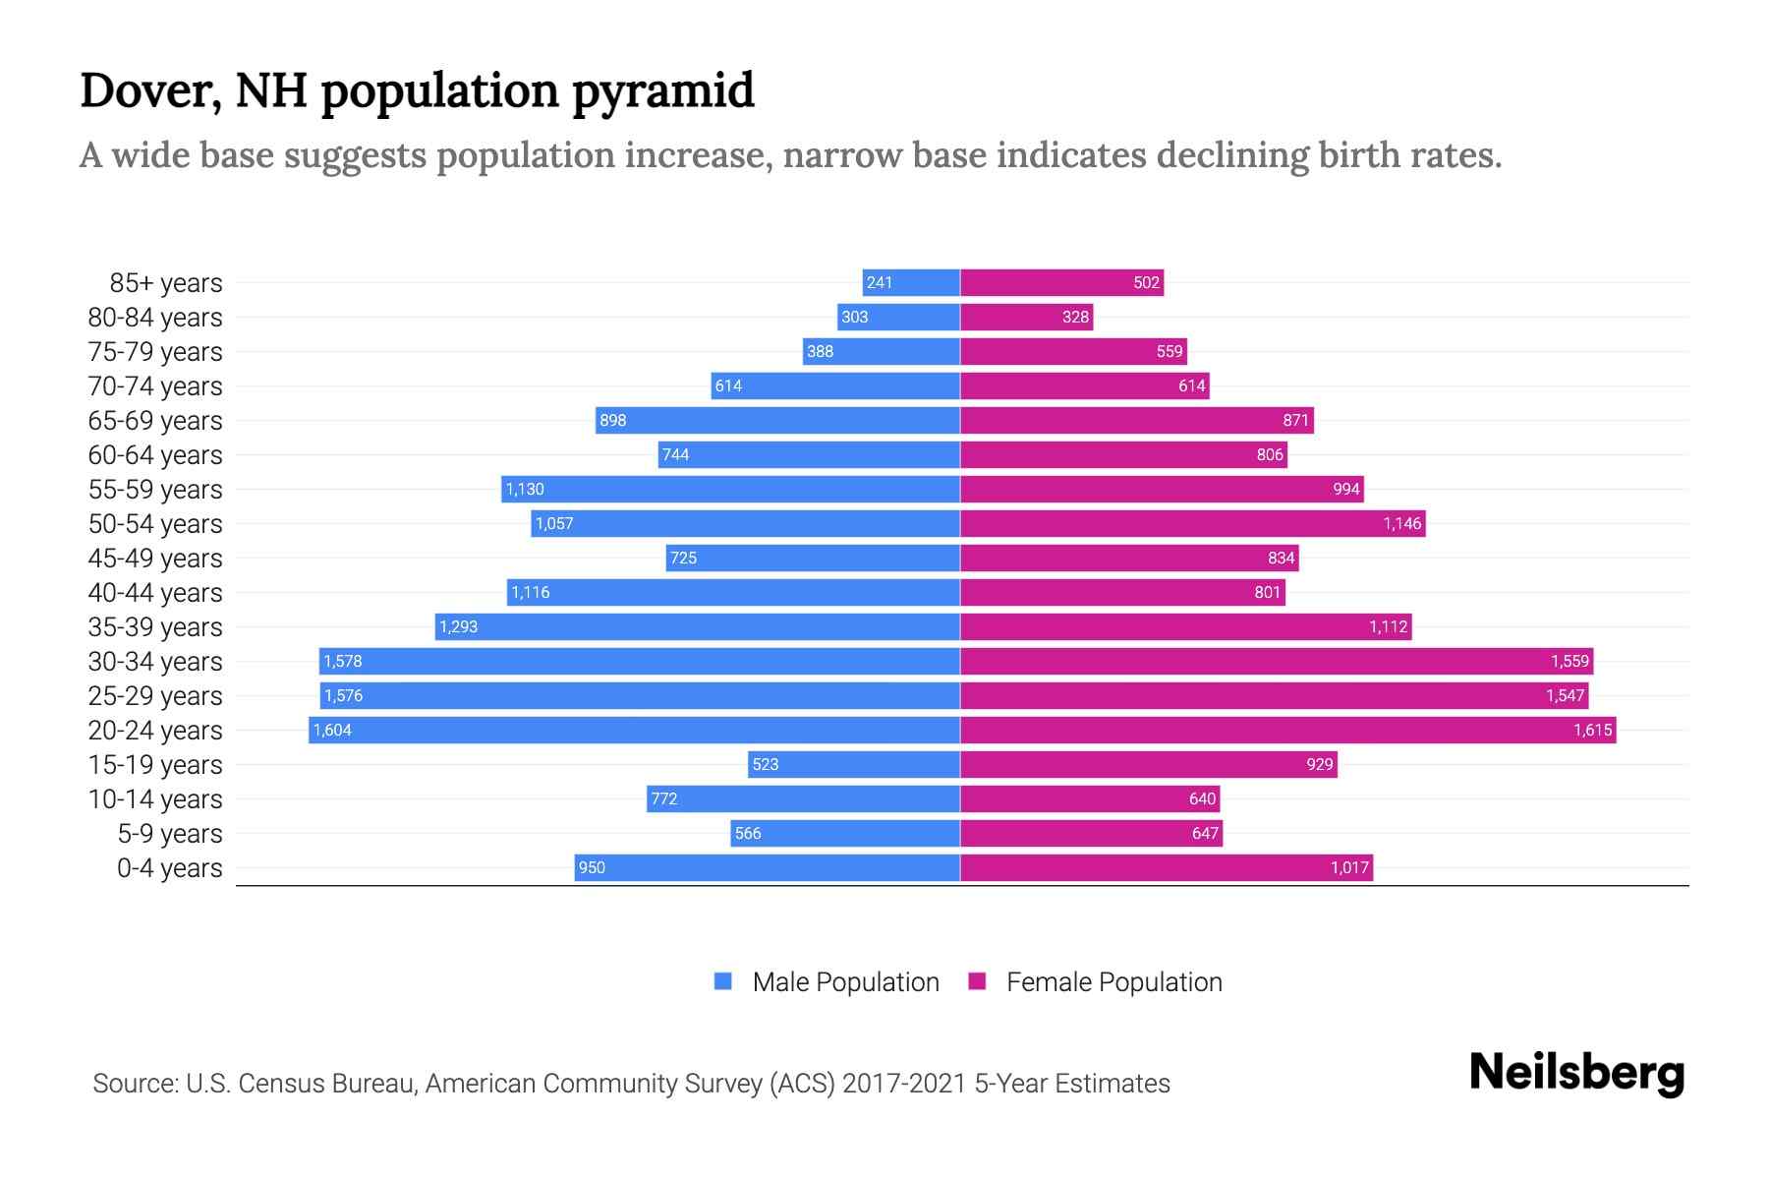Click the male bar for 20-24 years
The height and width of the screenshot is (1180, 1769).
pos(634,730)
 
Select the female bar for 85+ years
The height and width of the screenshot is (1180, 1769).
pos(1061,282)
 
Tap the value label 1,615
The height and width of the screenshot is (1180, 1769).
pos(1592,730)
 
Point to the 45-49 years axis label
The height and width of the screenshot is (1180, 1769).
pos(155,558)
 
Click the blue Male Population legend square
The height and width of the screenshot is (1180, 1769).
pos(723,981)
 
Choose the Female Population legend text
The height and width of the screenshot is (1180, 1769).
pos(1113,981)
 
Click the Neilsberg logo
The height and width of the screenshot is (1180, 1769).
pos(1576,1072)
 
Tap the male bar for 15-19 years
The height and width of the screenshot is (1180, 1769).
pos(853,764)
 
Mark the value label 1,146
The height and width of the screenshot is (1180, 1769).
pos(1402,523)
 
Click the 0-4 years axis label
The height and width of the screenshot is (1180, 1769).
pos(169,867)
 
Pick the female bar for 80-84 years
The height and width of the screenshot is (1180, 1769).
pos(1026,317)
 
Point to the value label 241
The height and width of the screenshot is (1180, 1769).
pos(880,282)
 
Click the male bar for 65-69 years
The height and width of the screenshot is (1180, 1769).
pos(777,420)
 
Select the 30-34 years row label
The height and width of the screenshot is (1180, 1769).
pos(155,661)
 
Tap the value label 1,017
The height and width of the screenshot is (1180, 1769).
pos(1349,867)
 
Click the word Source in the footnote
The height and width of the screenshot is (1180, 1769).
pos(135,1084)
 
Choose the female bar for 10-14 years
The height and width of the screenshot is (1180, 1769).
pos(1089,798)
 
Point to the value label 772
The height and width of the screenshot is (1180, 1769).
pos(664,798)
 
